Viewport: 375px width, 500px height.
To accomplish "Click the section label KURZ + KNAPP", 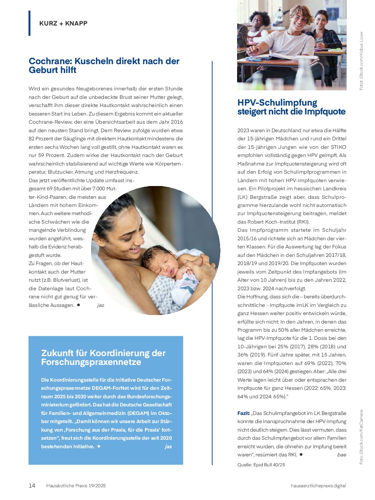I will (63, 23).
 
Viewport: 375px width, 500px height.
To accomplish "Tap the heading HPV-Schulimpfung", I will (277, 103).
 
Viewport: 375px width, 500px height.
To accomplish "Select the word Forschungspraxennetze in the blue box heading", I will (91, 362).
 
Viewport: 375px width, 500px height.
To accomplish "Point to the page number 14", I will (32, 485).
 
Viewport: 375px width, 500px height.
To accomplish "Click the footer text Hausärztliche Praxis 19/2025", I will (76, 486).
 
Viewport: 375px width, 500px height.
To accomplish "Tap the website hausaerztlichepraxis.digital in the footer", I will (318, 486).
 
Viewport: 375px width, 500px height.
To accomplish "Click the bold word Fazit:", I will (244, 413).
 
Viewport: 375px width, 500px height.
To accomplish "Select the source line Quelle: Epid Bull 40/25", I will (261, 465).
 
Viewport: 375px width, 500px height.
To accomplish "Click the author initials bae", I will (342, 455).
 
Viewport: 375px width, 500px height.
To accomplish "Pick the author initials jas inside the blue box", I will (168, 446).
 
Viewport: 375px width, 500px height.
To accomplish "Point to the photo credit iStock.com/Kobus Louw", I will (362, 61).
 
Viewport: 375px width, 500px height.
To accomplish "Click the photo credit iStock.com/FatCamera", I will (362, 437).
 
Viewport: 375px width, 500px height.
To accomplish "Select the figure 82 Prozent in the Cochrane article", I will (42, 139).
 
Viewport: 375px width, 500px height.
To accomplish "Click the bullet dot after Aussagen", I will (78, 305).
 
